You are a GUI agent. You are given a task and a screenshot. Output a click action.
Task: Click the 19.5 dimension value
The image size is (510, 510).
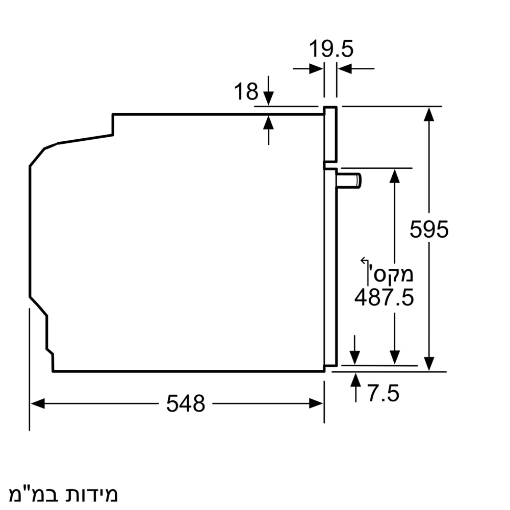[x=331, y=49]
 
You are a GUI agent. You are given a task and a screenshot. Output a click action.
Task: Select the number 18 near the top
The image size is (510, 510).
[x=246, y=92]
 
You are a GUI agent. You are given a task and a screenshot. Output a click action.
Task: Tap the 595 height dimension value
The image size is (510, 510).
[x=429, y=229]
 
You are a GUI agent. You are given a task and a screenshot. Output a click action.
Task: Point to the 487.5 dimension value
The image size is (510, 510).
[x=384, y=297]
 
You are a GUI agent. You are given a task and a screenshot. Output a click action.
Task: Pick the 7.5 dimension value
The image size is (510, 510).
[x=382, y=394]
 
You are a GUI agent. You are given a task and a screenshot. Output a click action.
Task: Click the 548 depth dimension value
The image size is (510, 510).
[x=185, y=404]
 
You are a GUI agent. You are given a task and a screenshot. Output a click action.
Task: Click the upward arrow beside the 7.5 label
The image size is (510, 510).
[x=355, y=380]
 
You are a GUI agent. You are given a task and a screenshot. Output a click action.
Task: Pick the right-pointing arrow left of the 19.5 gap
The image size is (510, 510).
[x=316, y=68]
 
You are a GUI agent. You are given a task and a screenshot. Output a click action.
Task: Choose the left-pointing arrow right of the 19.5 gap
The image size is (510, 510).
[x=344, y=68]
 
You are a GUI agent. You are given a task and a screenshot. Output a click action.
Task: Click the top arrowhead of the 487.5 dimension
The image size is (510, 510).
[x=394, y=175]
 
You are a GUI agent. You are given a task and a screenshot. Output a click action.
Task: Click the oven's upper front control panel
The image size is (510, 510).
[x=330, y=135]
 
